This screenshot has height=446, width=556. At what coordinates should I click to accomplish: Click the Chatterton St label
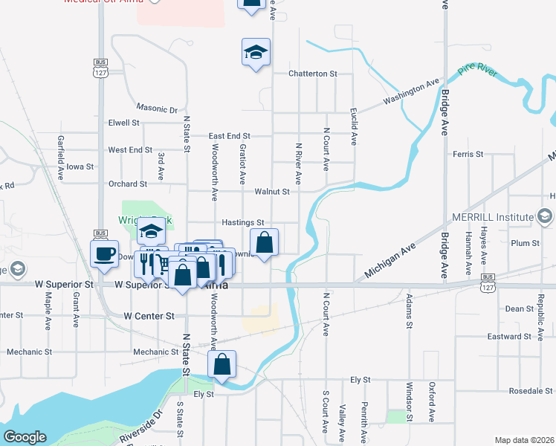pyautogui.click(x=313, y=74)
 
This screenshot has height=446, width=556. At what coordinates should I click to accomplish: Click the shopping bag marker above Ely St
pyautogui.click(x=222, y=364)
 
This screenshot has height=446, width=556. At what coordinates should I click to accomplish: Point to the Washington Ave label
pyautogui.click(x=411, y=93)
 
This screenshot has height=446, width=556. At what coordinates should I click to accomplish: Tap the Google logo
pyautogui.click(x=24, y=436)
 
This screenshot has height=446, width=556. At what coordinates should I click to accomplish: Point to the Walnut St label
pyautogui.click(x=271, y=191)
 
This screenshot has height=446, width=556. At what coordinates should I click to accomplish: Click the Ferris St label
pyautogui.click(x=468, y=154)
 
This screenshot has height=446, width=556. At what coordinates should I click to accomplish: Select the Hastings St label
pyautogui.click(x=243, y=222)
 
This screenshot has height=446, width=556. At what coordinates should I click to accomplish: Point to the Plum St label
pyautogui.click(x=525, y=243)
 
